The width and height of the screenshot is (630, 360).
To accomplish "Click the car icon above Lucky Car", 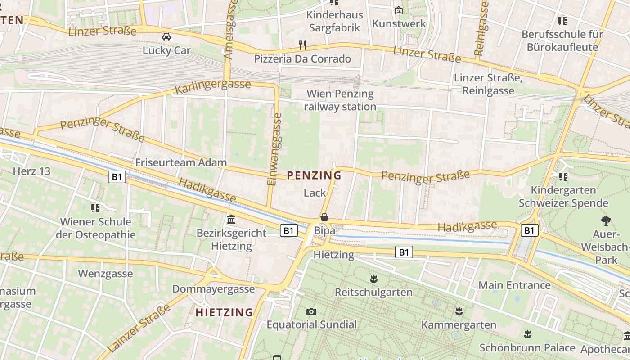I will click(x=166, y=37).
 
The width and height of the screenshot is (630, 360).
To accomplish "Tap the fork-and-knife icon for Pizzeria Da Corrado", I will click(x=302, y=45).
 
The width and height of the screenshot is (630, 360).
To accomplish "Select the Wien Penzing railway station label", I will click(x=340, y=100).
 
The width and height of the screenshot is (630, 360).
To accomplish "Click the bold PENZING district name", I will click(x=314, y=175).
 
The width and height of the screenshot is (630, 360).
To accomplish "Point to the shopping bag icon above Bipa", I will click(x=324, y=218).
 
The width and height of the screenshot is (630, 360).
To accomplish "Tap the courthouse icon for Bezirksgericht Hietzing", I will click(x=231, y=220).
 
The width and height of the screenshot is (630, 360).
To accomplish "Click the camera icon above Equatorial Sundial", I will click(x=311, y=311).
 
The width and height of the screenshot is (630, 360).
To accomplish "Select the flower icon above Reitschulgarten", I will click(x=373, y=279).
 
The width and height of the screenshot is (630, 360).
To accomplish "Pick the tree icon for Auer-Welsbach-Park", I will click(x=606, y=220).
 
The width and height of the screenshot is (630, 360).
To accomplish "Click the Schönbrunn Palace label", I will click(x=527, y=348).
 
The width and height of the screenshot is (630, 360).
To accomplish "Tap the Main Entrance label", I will click(x=514, y=285).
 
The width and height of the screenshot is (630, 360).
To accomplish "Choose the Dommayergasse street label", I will click(x=213, y=289).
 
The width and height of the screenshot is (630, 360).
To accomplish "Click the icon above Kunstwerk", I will click(x=399, y=10).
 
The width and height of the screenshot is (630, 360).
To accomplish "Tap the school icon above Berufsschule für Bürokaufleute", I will click(x=562, y=21).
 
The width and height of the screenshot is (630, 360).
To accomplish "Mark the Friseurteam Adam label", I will click(x=181, y=162).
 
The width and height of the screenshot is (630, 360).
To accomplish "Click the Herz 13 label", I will click(x=31, y=171).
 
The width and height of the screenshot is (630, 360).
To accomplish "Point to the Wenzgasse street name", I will click(x=105, y=274).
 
